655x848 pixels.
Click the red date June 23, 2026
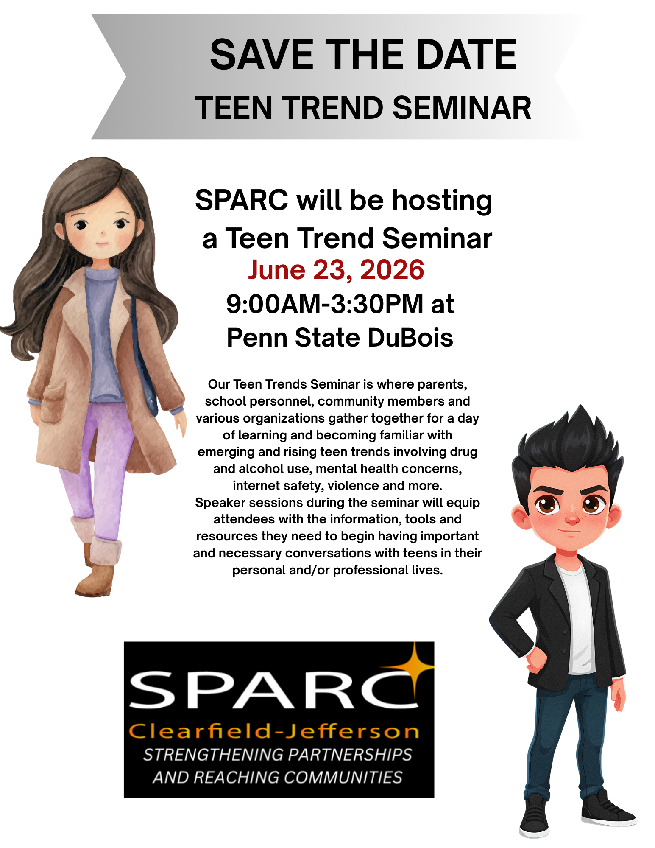[336, 270]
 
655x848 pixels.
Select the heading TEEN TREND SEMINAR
[363, 108]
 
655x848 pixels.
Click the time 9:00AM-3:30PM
[324, 304]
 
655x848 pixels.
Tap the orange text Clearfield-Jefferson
[274, 731]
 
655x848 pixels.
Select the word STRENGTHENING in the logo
[213, 755]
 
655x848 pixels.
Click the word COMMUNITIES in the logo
[343, 777]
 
